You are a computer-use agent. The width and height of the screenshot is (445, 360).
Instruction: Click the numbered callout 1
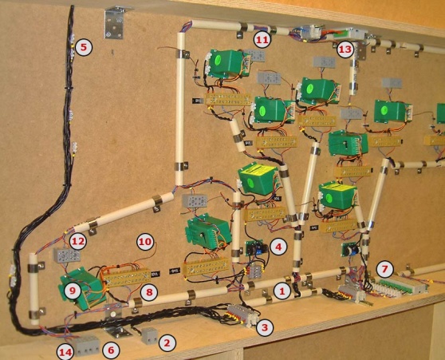coord(282,291)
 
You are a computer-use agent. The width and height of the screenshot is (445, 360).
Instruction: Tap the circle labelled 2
coord(167,342)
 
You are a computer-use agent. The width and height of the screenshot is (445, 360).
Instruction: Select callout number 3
coord(265,327)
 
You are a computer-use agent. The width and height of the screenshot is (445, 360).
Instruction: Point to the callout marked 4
coord(278,247)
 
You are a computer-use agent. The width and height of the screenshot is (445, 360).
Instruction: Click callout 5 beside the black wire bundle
coord(84,47)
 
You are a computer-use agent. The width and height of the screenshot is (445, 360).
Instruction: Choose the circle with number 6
coord(111,350)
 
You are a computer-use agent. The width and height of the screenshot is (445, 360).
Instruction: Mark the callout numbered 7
coord(384,268)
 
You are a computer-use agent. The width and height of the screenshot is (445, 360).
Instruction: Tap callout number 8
coord(149,292)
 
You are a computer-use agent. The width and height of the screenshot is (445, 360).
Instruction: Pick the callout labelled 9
coord(73,291)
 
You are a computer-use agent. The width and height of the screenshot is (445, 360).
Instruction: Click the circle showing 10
coord(145,242)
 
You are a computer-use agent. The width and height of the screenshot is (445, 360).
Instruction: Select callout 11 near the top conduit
coord(262,40)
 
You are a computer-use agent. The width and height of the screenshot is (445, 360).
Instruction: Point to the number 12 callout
coord(78,242)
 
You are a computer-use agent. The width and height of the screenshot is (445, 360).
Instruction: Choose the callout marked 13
coord(345,49)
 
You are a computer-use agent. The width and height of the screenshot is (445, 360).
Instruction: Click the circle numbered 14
coord(65,352)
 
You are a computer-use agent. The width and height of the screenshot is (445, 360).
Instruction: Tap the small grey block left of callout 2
coord(149,335)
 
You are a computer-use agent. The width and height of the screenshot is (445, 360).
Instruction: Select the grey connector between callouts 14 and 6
coord(86,345)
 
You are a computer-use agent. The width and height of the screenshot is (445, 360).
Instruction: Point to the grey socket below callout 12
coord(67,255)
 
